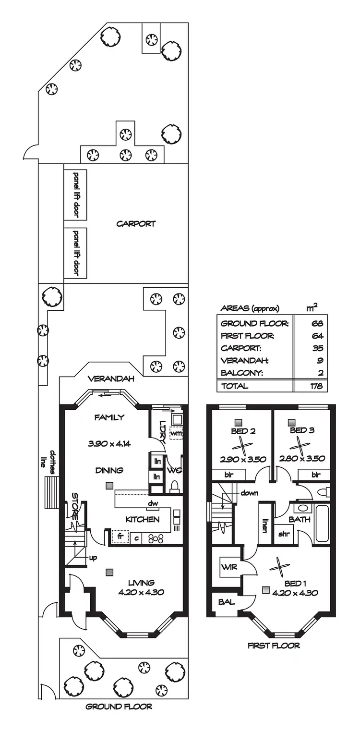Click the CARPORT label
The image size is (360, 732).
(x=136, y=224)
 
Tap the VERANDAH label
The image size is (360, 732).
(x=111, y=379)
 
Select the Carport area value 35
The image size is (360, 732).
(x=317, y=348)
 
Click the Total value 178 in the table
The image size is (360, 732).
(x=316, y=386)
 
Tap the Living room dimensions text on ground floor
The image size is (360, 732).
(x=141, y=592)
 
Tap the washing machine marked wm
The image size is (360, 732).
(x=176, y=434)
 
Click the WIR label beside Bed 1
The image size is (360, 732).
(x=227, y=567)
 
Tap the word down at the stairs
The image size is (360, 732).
(x=250, y=493)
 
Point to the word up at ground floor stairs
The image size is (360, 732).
(x=93, y=558)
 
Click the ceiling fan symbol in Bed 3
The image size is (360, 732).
(x=301, y=445)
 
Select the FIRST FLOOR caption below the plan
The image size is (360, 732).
(x=274, y=646)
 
